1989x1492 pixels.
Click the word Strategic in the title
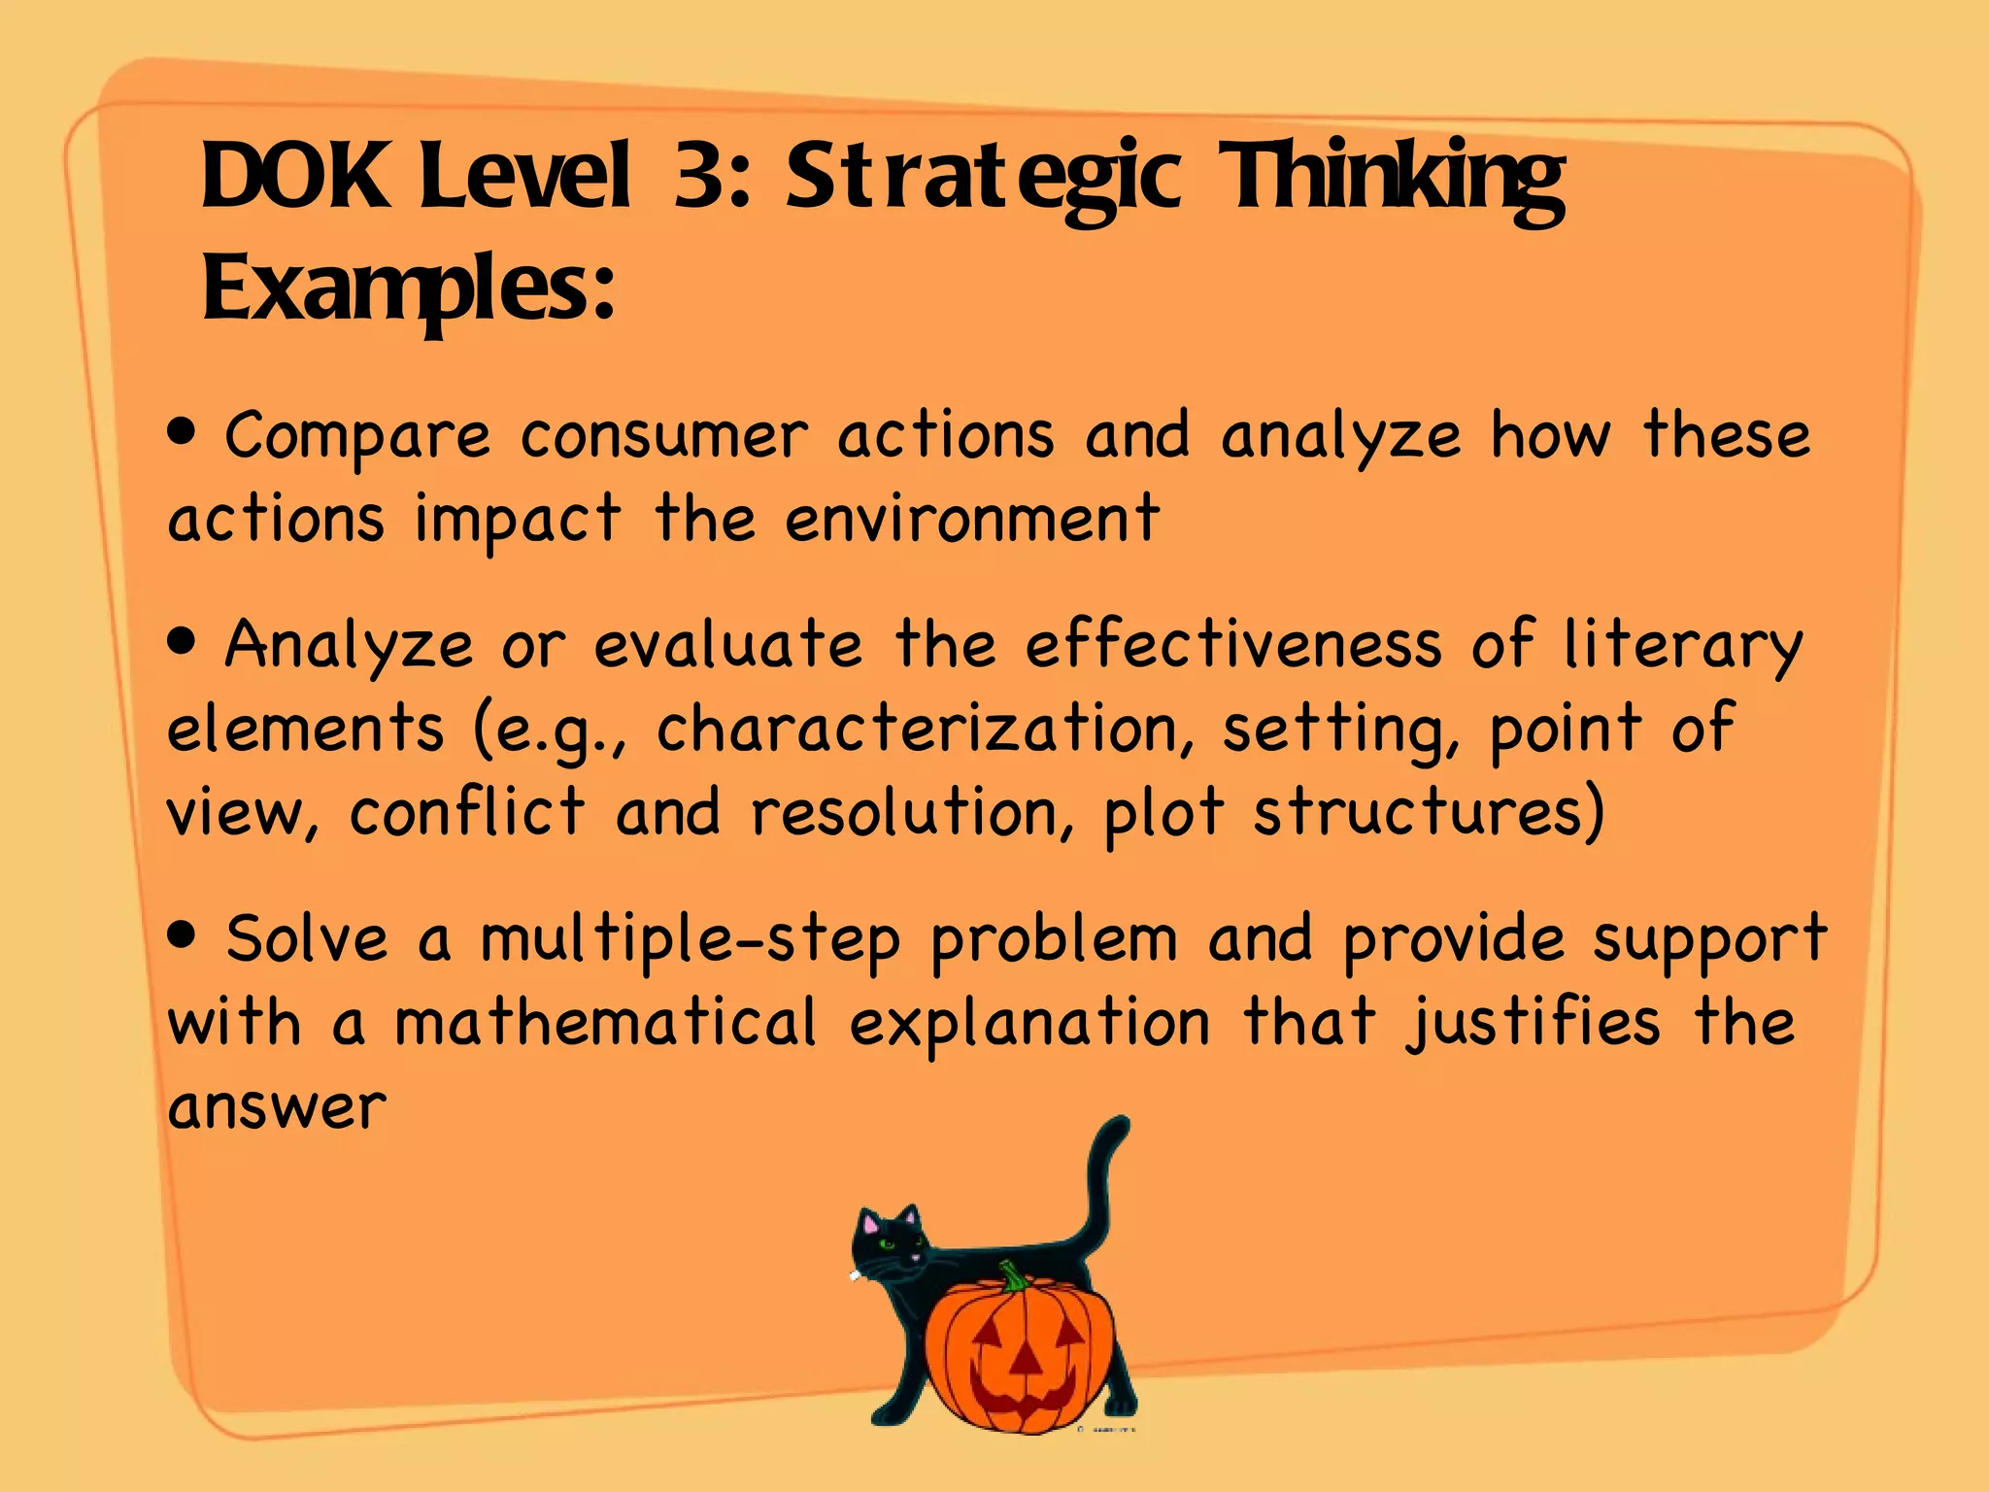click(x=983, y=177)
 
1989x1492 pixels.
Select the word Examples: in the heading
click(x=408, y=288)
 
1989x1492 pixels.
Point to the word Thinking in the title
click(x=1391, y=179)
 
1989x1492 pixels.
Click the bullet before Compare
click(x=182, y=430)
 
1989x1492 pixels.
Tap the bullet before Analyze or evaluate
click(x=182, y=640)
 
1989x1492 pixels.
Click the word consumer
click(x=664, y=436)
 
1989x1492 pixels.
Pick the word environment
click(x=972, y=519)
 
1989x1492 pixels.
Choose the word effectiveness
click(x=1233, y=645)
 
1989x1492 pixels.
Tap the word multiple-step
click(x=691, y=941)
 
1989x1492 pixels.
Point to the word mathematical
click(x=606, y=1023)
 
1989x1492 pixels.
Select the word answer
click(x=278, y=1107)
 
